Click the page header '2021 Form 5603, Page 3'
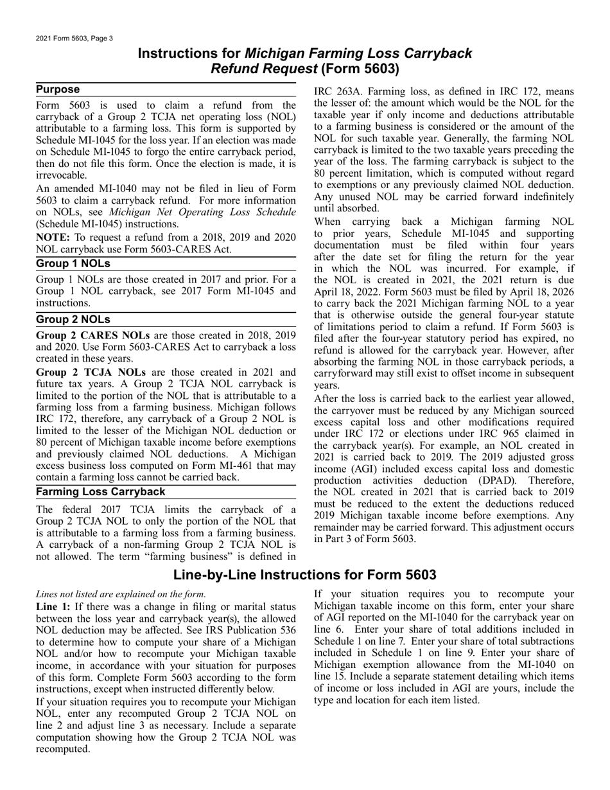[74, 39]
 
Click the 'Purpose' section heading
[58, 90]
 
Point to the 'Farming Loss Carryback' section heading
[101, 492]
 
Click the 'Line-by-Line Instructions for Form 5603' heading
[305, 575]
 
